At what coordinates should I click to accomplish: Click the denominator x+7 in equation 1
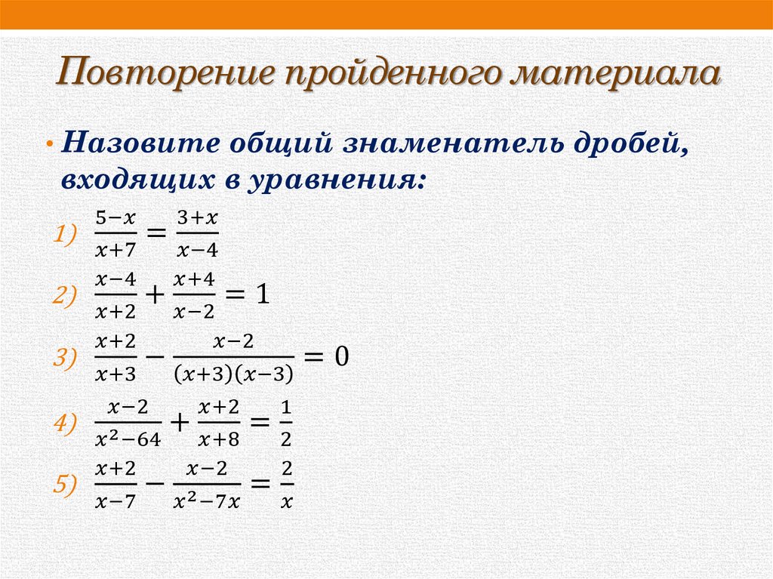(115, 248)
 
